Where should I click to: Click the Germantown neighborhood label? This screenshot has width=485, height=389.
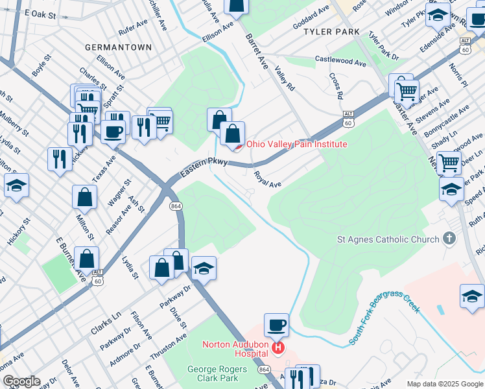click(x=119, y=47)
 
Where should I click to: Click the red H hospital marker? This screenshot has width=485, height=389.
click(x=278, y=348)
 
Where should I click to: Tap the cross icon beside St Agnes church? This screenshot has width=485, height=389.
click(x=449, y=239)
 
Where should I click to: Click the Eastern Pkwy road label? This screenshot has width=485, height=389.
click(x=203, y=167)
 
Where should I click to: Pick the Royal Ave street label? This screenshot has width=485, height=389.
click(x=267, y=180)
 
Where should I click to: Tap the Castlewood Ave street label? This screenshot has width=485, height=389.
click(x=340, y=60)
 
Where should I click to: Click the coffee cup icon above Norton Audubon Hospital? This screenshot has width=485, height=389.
click(x=276, y=324)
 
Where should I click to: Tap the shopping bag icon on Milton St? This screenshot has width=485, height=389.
click(x=85, y=196)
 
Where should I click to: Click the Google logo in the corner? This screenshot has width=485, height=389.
click(x=21, y=381)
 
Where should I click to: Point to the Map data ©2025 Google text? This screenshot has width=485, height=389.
click(x=444, y=384)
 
